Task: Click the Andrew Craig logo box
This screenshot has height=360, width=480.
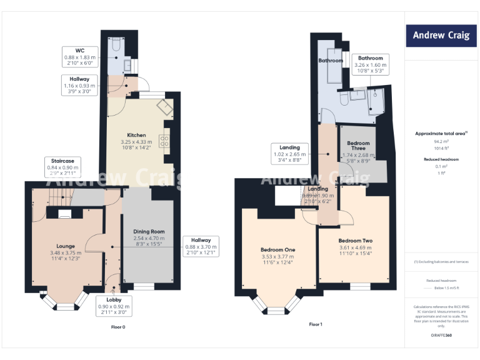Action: [441, 35]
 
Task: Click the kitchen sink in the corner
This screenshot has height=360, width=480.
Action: [165, 107]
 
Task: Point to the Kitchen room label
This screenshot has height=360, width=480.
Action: [136, 135]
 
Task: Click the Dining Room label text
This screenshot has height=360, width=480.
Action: [149, 232]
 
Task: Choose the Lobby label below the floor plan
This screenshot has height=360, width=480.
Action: [113, 300]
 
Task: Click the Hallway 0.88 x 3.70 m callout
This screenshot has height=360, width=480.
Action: [201, 246]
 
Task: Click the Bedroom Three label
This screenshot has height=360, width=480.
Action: [358, 146]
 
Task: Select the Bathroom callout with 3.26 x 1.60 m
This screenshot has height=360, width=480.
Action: [371, 64]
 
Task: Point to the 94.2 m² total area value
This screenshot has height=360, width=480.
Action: [441, 142]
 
